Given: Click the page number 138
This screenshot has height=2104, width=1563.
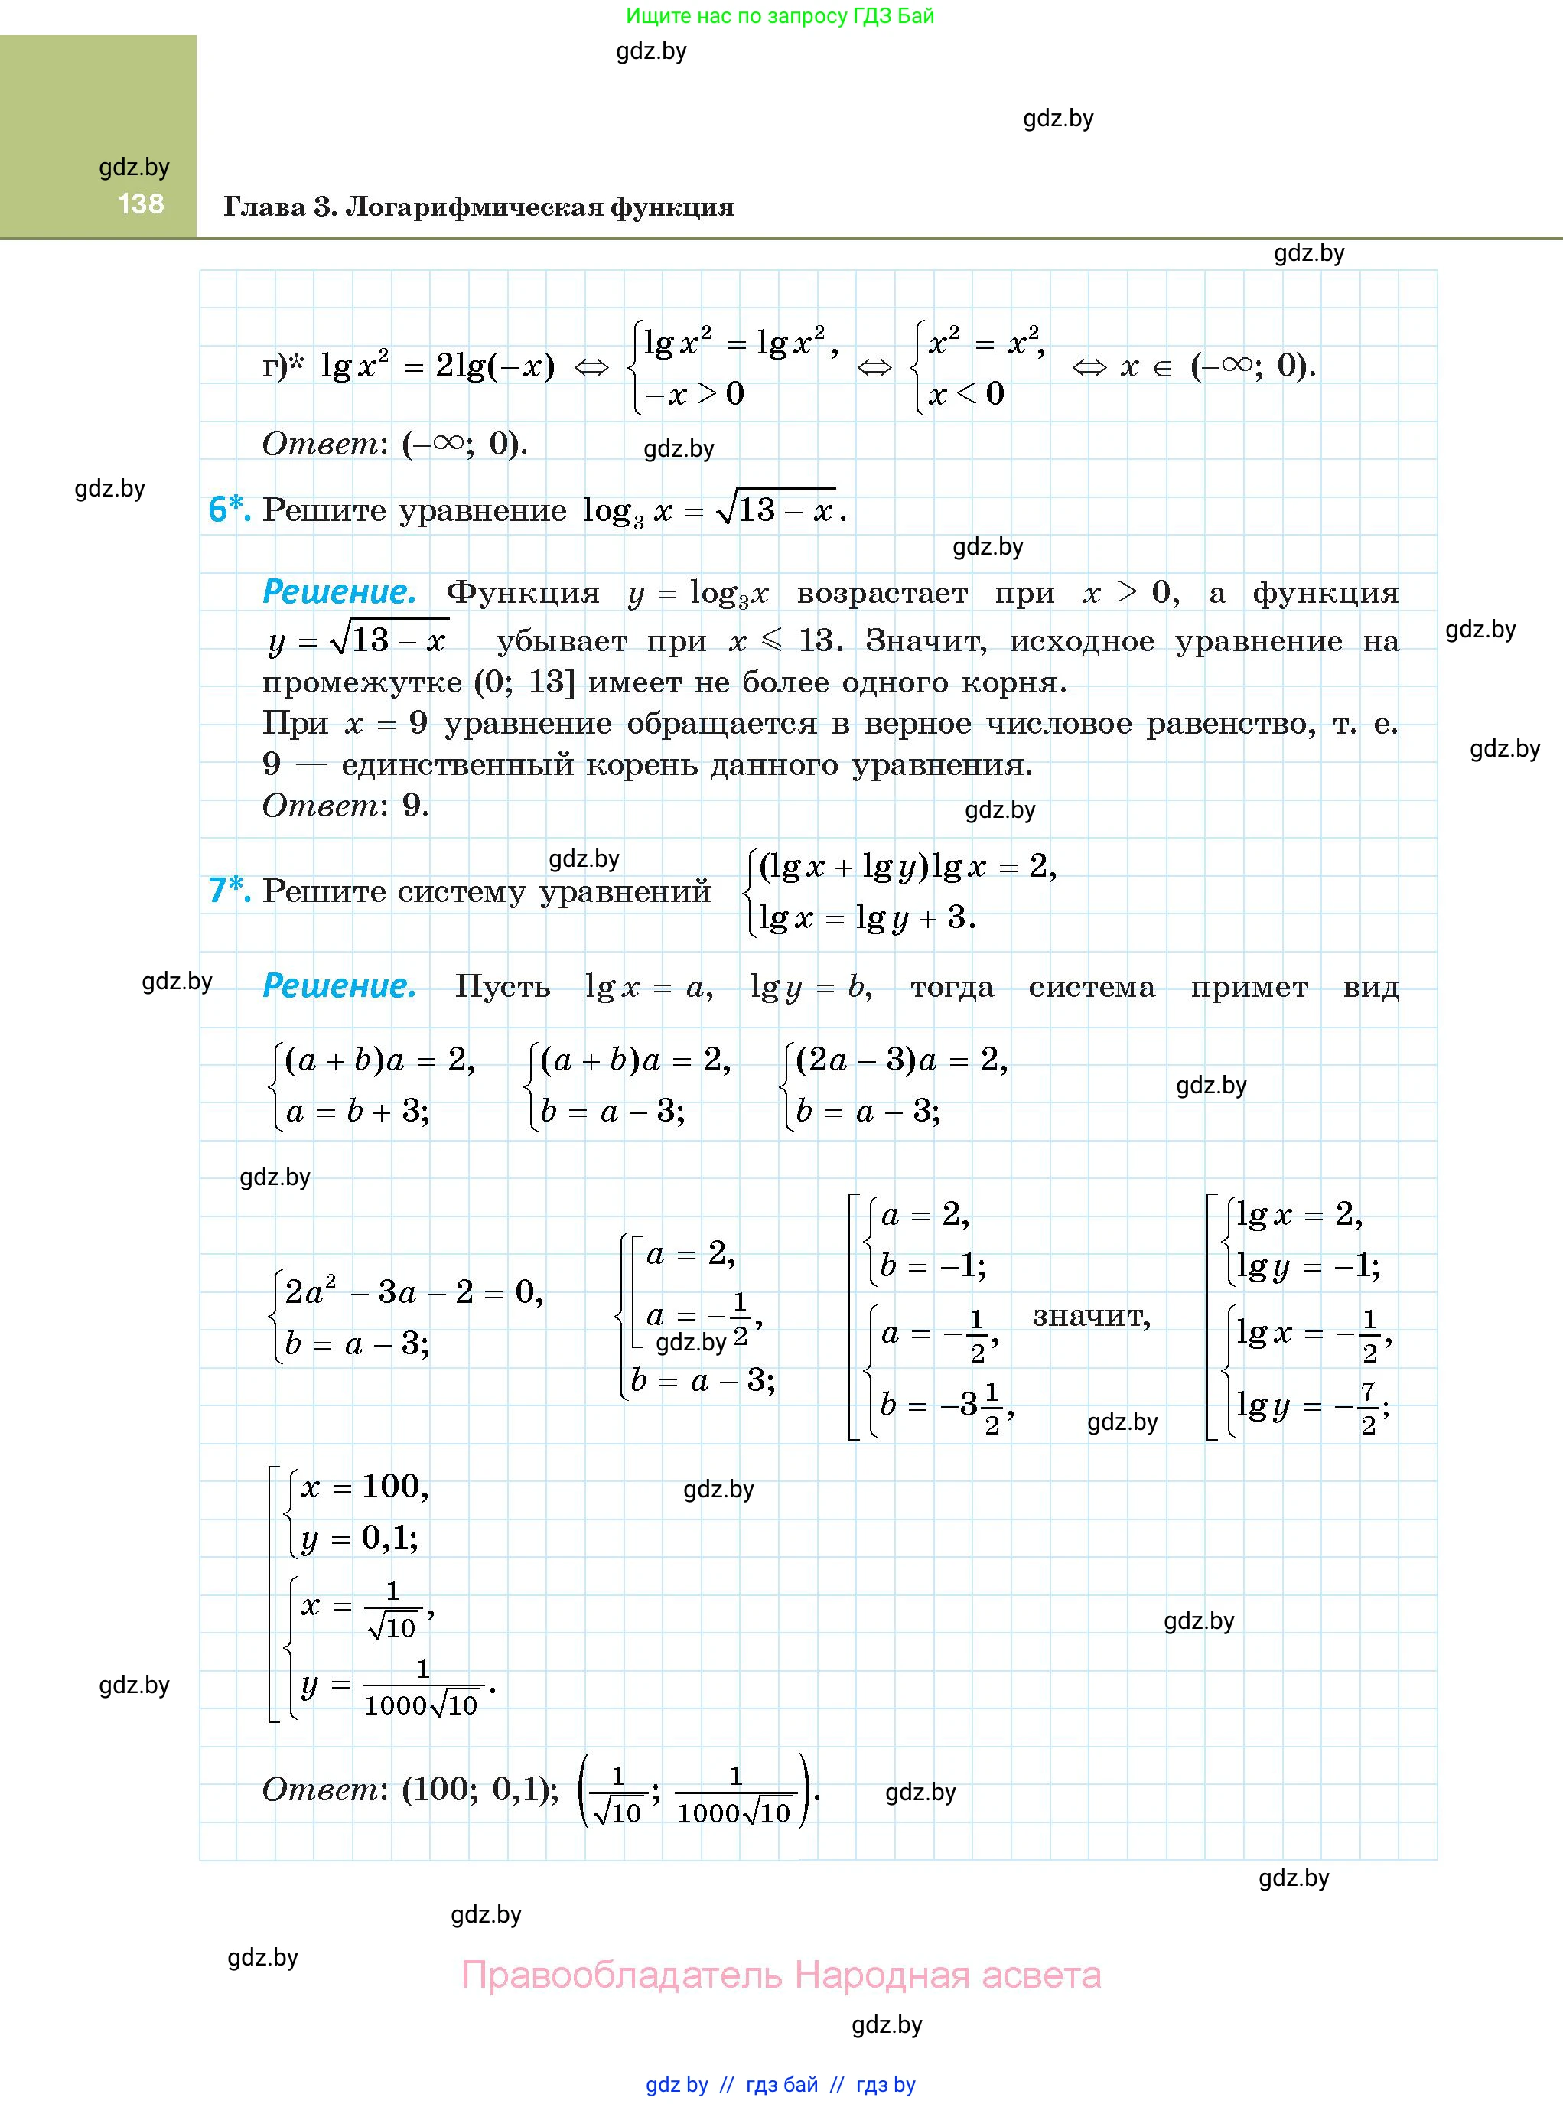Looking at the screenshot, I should click(141, 204).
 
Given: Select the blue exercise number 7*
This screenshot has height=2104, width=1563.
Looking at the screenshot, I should click(229, 891).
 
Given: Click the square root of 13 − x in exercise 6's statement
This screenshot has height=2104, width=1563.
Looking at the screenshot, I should click(776, 511).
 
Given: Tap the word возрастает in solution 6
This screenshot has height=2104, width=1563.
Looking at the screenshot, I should click(882, 593).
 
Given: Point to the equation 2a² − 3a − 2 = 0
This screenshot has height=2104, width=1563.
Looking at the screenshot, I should click(413, 1292).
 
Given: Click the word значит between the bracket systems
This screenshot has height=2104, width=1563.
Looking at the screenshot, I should click(1091, 1316).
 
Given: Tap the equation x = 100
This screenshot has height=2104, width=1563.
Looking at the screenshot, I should click(364, 1487).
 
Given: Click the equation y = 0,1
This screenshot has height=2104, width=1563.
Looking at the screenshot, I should click(360, 1539).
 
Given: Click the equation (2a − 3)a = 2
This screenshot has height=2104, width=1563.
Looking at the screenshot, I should click(900, 1060).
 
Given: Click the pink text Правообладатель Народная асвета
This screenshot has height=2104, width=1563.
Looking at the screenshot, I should click(780, 1975).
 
